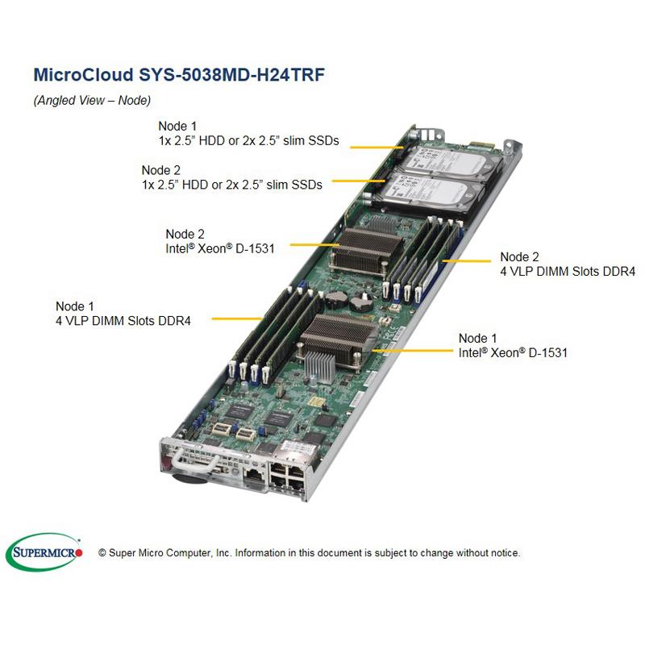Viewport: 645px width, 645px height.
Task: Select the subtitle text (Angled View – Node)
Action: (x=92, y=101)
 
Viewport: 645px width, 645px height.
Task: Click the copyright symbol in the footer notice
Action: (x=102, y=553)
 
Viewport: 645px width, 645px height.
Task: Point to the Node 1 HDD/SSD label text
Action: (x=248, y=133)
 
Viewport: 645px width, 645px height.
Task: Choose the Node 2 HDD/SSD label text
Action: (x=231, y=177)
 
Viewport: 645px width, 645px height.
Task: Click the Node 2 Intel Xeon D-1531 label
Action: (x=220, y=241)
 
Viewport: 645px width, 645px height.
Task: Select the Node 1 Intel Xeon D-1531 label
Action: (x=513, y=345)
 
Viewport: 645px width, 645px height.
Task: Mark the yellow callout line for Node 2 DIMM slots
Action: (x=467, y=260)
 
